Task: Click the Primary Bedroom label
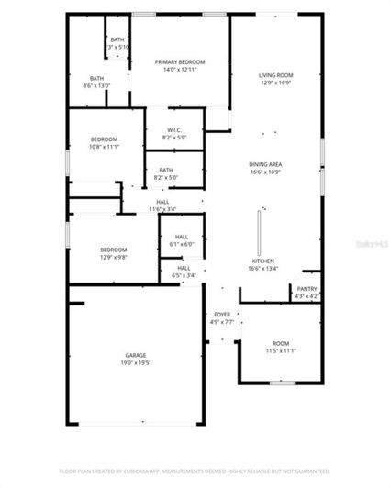[x=179, y=61]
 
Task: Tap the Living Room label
[x=274, y=75]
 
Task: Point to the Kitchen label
[x=263, y=261]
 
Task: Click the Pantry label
[x=306, y=289]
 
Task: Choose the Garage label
[x=138, y=355]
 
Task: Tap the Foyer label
[x=223, y=315]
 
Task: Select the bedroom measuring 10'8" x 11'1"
[x=105, y=143]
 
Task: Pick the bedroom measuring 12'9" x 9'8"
[x=113, y=253]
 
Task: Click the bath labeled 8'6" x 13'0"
[x=96, y=82]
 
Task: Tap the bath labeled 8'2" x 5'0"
[x=165, y=173]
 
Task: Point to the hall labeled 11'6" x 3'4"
[x=162, y=205]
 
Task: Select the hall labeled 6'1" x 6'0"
[x=181, y=240]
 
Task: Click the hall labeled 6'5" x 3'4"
[x=184, y=272]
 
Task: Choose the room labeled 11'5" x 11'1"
[x=280, y=347]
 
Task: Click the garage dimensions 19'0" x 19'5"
[x=138, y=363]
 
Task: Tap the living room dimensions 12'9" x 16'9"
[x=274, y=83]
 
